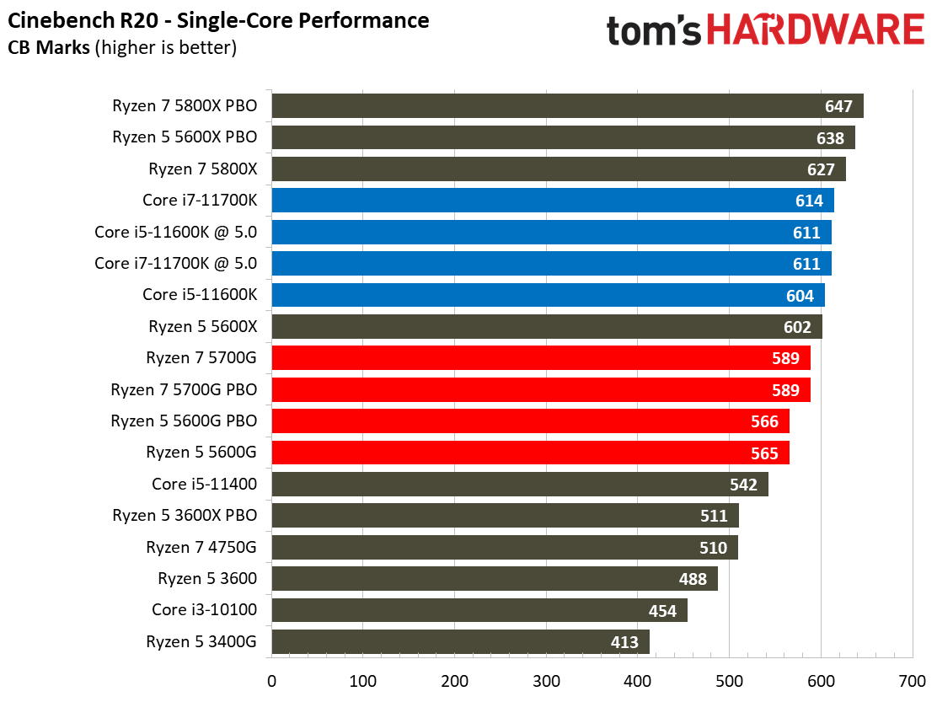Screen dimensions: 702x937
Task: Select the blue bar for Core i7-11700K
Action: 552,201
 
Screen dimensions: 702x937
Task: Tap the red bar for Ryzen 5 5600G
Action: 530,453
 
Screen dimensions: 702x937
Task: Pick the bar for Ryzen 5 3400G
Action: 460,642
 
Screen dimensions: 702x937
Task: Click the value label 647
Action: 838,107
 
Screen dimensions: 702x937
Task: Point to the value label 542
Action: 743,485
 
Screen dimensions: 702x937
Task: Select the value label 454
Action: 662,611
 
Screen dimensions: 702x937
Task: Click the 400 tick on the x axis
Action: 638,680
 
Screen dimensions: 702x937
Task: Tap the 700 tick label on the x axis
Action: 912,680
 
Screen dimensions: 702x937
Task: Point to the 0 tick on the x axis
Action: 271,680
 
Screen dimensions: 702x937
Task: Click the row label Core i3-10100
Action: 204,610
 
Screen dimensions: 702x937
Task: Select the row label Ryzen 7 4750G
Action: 201,548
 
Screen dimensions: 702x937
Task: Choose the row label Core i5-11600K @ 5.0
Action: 176,264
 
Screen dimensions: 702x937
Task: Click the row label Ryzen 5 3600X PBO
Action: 185,516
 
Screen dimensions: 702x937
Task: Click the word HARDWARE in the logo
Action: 815,31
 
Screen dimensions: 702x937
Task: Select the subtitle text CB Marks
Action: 50,48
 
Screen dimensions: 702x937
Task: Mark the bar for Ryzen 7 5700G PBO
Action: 540,390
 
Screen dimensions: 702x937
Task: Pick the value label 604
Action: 800,296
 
